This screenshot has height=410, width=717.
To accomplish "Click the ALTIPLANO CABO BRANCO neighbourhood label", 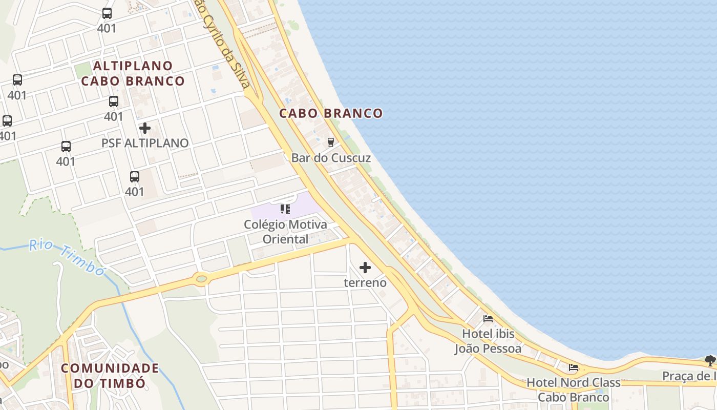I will coord(133,73).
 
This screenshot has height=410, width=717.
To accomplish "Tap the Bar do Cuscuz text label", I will coord(331,158).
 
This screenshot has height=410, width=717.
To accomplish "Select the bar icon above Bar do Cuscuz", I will coord(331,142).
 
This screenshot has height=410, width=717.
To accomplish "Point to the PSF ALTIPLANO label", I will coord(145,143).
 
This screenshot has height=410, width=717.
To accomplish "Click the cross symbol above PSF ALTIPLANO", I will coord(145,128).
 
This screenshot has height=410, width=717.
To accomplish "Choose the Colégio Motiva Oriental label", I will coord(285,232).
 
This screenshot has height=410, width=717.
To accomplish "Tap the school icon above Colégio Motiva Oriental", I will coord(285,209).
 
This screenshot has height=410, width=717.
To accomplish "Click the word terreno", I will coord(365,283).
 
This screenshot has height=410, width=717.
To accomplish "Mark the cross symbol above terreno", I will coord(365,268).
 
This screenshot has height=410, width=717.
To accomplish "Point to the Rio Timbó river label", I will coord(67,256).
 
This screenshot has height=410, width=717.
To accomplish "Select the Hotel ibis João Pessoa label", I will coord(488,341).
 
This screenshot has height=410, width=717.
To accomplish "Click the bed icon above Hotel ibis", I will coord(488,319).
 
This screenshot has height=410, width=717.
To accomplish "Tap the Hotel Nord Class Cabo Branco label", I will coord(574,390).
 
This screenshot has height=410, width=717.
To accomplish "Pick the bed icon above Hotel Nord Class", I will coord(574,367).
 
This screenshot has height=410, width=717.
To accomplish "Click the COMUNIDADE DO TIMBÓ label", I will coord(110,375).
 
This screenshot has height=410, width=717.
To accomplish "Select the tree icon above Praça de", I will coord(710,361).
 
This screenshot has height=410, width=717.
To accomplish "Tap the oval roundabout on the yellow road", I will coord(201,279).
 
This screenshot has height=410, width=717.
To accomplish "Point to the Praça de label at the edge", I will coord(689,377).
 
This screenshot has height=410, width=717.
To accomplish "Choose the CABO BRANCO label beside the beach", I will coord(331,113).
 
